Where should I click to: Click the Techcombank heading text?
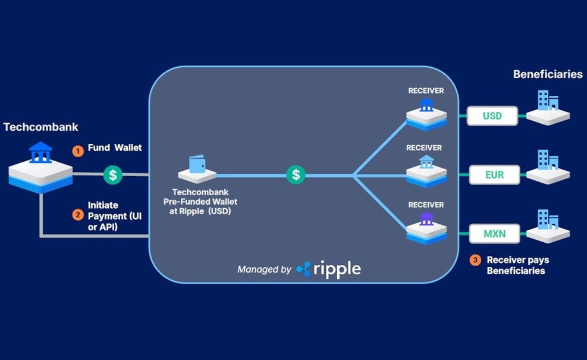click(x=40, y=127)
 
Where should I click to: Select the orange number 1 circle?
click(x=77, y=151)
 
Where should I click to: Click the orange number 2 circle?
click(x=77, y=214)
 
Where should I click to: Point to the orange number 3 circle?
click(x=475, y=260)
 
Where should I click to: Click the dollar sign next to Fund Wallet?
click(x=113, y=174)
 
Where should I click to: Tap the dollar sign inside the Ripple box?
click(x=296, y=174)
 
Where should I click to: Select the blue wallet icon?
click(x=197, y=165)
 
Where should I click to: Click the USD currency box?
click(x=492, y=115)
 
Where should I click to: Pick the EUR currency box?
click(x=494, y=174)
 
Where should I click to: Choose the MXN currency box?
click(x=494, y=233)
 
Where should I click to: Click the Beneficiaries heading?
click(x=548, y=74)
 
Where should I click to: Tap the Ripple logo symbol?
click(x=304, y=270)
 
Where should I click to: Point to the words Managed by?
click(x=264, y=270)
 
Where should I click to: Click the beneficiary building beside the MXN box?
click(x=548, y=225)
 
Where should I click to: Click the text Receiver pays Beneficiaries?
click(x=517, y=265)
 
